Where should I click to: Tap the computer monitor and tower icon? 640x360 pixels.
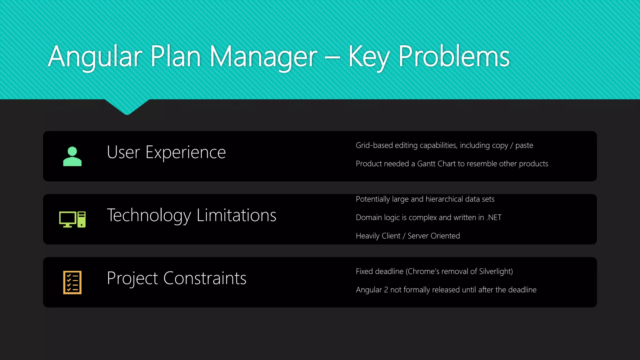72,219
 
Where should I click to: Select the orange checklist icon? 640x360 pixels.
72,282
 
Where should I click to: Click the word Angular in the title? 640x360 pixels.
95,57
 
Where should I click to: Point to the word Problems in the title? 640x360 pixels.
454,57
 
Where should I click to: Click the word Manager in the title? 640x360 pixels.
263,57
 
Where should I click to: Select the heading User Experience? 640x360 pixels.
166,152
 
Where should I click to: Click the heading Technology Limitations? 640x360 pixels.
191,215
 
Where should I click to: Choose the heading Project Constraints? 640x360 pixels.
176,278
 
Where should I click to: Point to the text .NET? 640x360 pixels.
494,217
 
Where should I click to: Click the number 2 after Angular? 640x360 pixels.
386,290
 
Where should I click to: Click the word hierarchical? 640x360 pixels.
444,199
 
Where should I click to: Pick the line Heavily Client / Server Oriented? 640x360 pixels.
407,236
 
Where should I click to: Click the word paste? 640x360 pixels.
524,146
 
